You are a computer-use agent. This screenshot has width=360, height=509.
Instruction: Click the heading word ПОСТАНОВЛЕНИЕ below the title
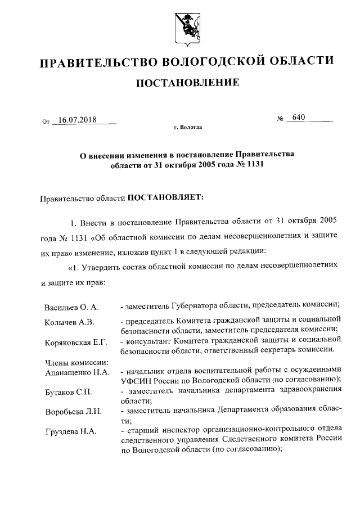(188, 83)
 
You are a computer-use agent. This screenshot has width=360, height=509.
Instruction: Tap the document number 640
(298, 118)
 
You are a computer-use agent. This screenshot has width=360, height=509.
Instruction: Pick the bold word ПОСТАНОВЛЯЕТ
(165, 197)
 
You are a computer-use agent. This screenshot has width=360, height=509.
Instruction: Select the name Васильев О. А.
(71, 307)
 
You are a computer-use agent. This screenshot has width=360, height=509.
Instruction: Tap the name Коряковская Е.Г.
(76, 343)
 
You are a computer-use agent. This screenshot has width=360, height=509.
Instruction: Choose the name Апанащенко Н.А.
(76, 372)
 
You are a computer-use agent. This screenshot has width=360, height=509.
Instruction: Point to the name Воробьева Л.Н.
(73, 412)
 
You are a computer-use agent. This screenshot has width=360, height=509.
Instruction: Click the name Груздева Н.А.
(70, 432)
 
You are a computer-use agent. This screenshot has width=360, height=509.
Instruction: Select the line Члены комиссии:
(71, 363)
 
